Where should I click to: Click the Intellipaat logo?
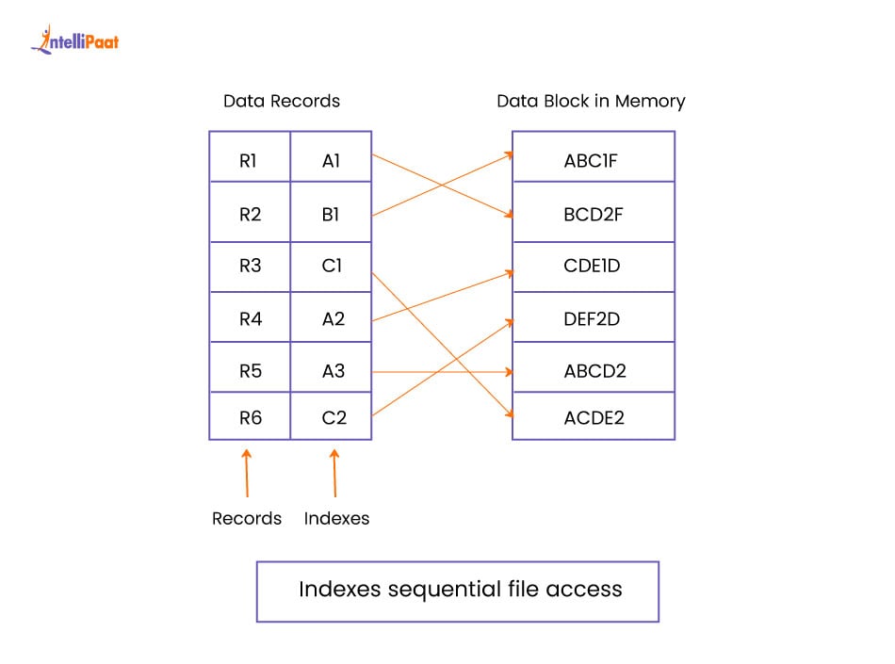pos(74,40)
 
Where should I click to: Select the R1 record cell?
pos(249,161)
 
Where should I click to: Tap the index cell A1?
pos(331,161)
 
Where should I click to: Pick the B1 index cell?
pos(331,215)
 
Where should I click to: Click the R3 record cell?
pos(249,267)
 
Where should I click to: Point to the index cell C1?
pos(331,267)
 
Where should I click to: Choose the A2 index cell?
pos(333,319)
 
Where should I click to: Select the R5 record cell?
pos(249,371)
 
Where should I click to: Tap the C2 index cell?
pos(334,417)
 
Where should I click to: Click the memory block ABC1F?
pos(593,161)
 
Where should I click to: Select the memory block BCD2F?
pos(593,215)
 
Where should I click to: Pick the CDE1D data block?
pos(593,267)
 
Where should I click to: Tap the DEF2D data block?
pos(593,319)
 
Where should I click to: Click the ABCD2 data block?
pos(593,371)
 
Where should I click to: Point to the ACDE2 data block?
pos(593,417)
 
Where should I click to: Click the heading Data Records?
pos(281,101)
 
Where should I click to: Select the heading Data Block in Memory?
pos(591,101)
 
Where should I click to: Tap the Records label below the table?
pos(247,519)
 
